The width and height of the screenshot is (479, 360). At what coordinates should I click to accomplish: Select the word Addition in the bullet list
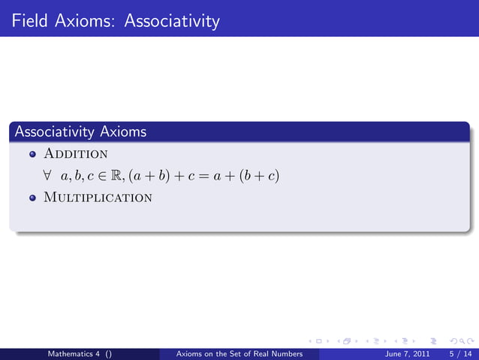click(x=75, y=154)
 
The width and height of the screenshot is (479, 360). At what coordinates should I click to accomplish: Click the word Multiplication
click(x=98, y=198)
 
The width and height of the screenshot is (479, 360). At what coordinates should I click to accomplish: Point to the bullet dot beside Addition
click(x=32, y=155)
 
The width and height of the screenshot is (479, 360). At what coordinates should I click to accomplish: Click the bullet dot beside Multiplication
click(x=32, y=198)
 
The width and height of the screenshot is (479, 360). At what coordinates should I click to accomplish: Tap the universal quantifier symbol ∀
click(x=47, y=176)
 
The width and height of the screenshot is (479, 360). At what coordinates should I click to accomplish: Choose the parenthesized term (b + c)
click(x=255, y=176)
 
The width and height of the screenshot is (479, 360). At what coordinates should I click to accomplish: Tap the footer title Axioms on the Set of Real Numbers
click(x=238, y=352)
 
